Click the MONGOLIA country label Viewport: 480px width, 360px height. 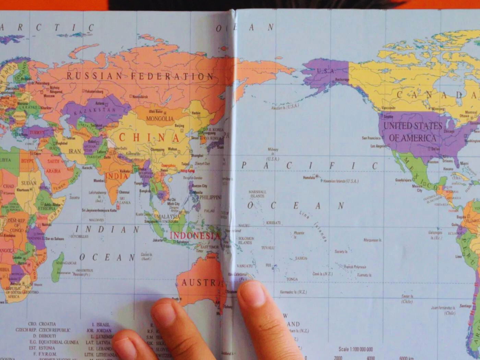160,119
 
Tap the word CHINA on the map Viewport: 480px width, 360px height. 149,138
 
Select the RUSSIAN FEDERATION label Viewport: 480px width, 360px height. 140,76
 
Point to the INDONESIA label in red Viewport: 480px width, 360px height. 195,236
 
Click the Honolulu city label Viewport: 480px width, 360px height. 308,178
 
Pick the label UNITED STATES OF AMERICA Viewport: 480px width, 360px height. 413,132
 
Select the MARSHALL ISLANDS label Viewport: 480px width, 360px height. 257,194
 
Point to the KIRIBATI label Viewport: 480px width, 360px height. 273,223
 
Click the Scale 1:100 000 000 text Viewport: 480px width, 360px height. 356,349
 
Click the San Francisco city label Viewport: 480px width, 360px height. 371,138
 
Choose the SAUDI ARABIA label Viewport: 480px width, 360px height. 53,166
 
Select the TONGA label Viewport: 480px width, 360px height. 292,279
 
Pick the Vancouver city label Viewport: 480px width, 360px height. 388,108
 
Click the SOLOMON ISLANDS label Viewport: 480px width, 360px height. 246,240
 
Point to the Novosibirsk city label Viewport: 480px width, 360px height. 140,97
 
